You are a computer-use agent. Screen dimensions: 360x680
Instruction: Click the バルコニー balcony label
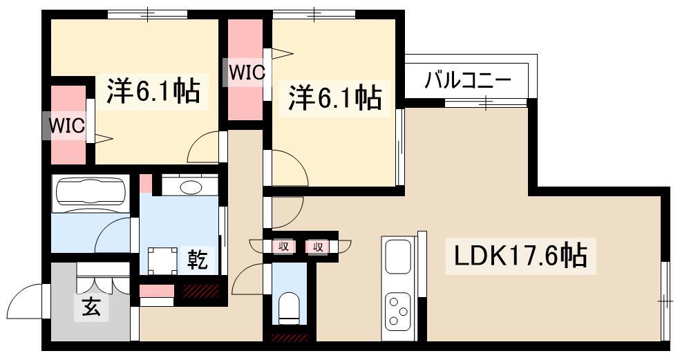click(x=467, y=80)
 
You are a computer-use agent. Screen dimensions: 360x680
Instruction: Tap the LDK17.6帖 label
click(x=520, y=256)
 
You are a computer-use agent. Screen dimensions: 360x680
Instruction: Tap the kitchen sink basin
click(x=398, y=256)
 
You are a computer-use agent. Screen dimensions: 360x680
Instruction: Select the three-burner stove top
click(x=398, y=309)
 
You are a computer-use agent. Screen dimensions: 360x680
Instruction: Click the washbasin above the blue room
click(x=190, y=186)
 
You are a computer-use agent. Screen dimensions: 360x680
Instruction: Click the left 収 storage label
click(x=283, y=246)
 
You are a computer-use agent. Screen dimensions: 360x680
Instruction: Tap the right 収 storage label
click(x=318, y=246)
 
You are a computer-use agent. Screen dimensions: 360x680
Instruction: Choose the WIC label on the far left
click(x=66, y=126)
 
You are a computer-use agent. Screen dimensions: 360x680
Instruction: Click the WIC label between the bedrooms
click(x=247, y=73)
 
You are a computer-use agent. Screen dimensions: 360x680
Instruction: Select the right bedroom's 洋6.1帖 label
click(x=334, y=97)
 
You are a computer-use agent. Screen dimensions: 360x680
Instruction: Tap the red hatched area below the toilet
click(x=288, y=338)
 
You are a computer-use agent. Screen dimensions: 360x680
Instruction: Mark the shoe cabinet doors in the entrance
click(x=104, y=281)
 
